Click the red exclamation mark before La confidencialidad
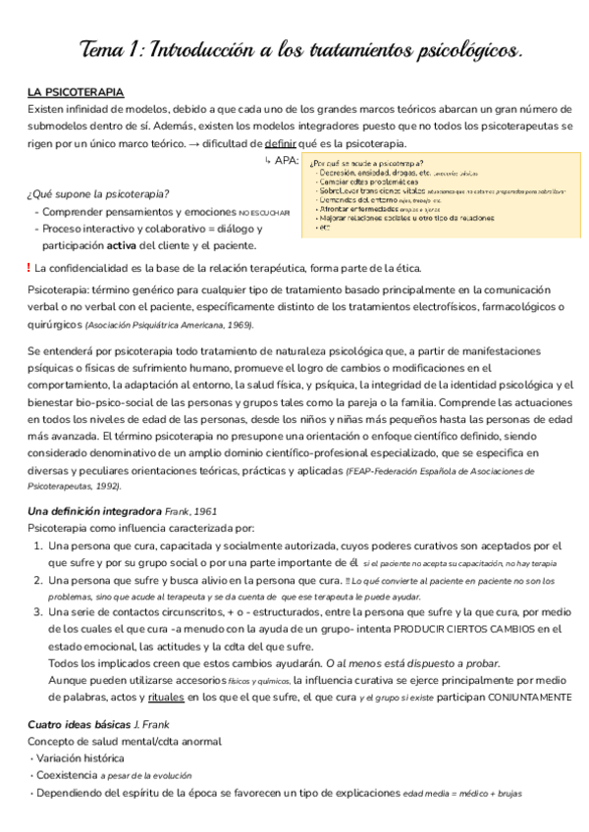28,267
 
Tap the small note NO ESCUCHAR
264,212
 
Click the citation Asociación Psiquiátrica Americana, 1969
169,325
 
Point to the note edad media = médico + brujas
462,793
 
